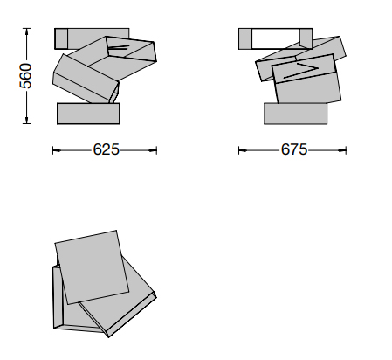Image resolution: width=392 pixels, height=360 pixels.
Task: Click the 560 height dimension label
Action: click(25, 76)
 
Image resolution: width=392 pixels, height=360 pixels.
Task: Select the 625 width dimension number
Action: click(107, 149)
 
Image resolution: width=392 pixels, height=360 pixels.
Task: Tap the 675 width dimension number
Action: click(294, 149)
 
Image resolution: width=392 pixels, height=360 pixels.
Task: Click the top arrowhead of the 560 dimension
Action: click(26, 31)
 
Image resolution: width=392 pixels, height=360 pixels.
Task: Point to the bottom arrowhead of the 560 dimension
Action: click(26, 120)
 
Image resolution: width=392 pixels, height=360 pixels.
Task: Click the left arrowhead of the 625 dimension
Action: click(57, 150)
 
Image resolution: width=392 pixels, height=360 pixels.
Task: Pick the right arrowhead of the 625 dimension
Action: click(153, 150)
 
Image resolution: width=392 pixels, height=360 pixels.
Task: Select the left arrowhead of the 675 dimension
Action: click(243, 150)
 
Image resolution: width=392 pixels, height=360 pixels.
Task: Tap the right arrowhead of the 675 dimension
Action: click(342, 150)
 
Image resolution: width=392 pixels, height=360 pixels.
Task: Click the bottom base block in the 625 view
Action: click(88, 114)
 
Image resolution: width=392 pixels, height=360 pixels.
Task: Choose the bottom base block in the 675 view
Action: click(295, 114)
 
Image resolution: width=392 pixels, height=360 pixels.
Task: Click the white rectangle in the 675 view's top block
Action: click(275, 38)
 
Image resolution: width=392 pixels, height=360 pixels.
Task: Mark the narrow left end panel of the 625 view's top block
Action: click(61, 38)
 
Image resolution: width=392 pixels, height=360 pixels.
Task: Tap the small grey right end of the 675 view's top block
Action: click(306, 38)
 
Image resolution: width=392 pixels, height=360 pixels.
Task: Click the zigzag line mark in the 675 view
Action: click(301, 71)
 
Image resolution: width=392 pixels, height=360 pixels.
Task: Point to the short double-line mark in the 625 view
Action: click(118, 47)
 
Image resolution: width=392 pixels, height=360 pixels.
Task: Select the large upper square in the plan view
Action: click(92, 267)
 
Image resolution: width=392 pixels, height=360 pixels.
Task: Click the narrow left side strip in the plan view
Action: click(58, 296)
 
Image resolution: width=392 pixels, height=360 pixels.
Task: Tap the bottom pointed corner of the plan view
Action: click(108, 337)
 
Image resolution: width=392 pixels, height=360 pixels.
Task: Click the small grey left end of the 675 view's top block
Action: click(244, 38)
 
